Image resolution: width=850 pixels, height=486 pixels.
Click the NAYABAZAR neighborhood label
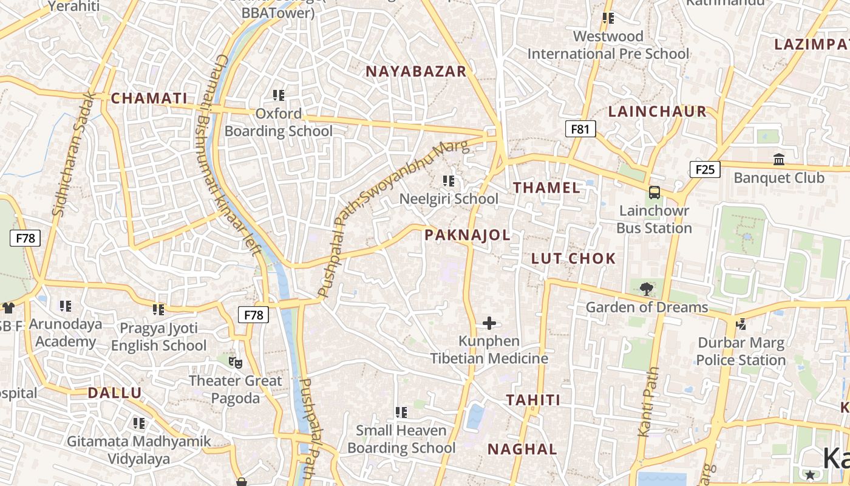[416, 71]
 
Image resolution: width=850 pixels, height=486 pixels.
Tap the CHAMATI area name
[149, 98]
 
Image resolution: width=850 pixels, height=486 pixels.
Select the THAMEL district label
[547, 188]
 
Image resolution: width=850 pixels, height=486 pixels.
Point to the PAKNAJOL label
[467, 235]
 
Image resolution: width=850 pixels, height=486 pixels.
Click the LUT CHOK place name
[574, 258]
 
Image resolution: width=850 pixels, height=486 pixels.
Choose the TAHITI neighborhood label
[534, 400]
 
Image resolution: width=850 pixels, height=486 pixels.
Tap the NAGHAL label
[523, 449]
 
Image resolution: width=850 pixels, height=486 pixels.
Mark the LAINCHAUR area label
[658, 111]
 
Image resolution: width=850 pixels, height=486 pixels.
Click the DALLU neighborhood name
[115, 392]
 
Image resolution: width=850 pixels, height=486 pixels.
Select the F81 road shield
[580, 129]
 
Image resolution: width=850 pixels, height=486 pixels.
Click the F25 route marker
[705, 169]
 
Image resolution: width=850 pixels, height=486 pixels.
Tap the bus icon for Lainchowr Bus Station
[654, 193]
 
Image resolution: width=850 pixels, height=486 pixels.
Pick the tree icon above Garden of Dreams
[647, 289]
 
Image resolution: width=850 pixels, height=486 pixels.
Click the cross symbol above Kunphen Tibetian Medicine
[489, 323]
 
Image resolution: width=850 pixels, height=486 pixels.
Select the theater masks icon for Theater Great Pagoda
[236, 363]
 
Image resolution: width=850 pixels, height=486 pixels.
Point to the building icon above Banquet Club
[779, 159]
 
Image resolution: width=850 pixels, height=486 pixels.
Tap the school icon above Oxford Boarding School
[279, 95]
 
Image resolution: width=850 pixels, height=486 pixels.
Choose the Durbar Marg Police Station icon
[741, 324]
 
